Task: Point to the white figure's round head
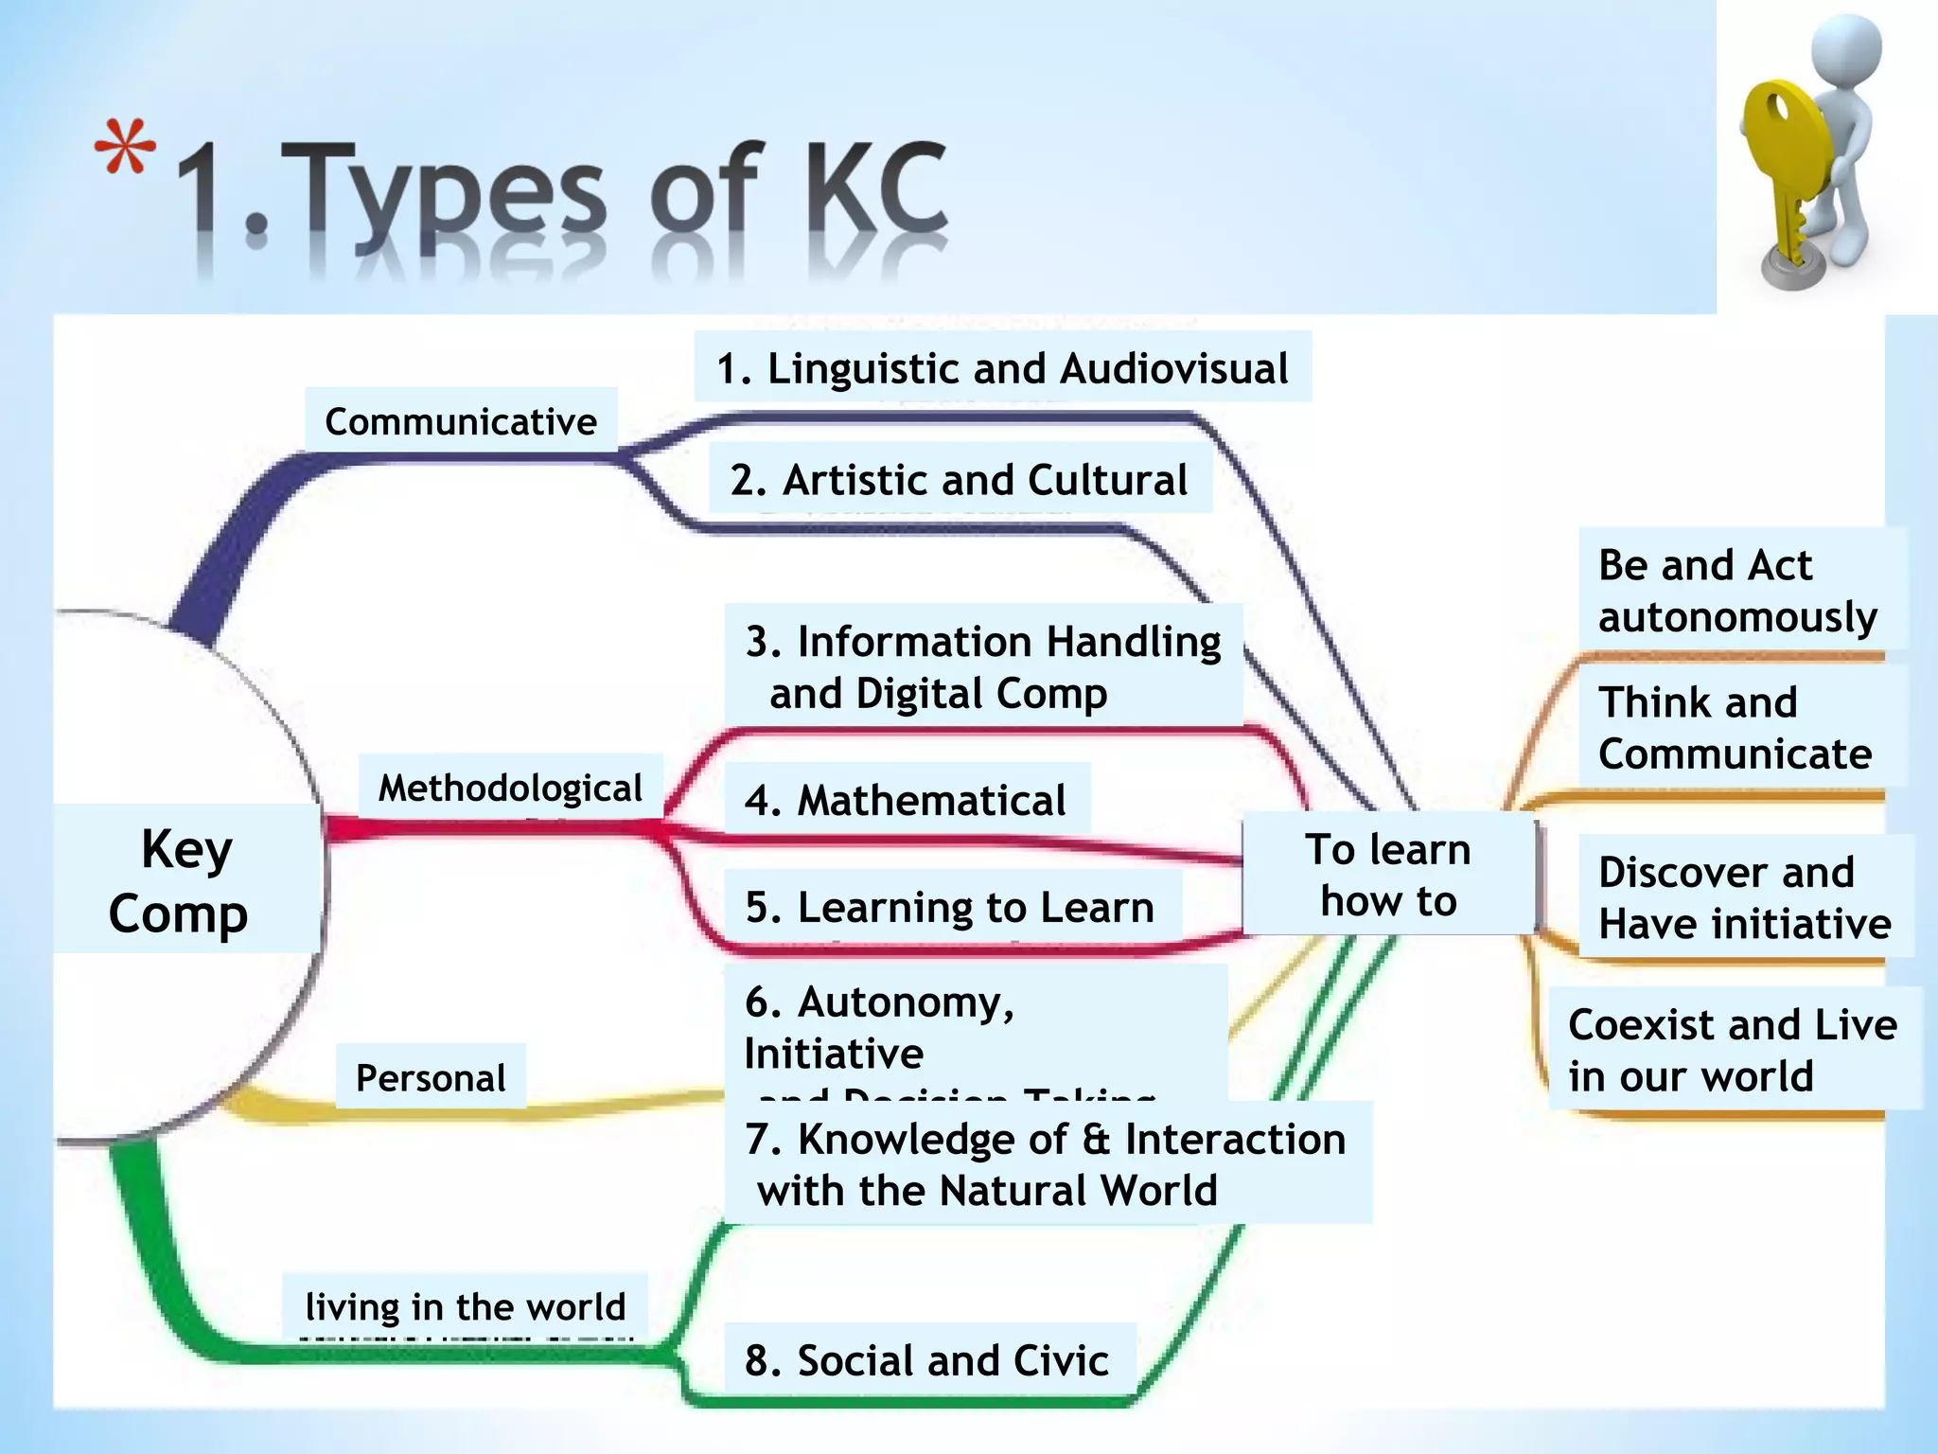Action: pyautogui.click(x=1846, y=52)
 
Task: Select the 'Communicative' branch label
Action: pyautogui.click(x=461, y=421)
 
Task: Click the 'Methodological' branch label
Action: pyautogui.click(x=510, y=788)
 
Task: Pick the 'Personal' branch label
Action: pyautogui.click(x=431, y=1077)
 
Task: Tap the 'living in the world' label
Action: pyautogui.click(x=466, y=1306)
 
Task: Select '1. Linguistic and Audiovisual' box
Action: pyautogui.click(x=1002, y=367)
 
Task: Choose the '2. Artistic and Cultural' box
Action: pyautogui.click(x=959, y=479)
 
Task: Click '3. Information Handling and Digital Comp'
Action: pyautogui.click(x=983, y=666)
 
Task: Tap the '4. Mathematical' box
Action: pyautogui.click(x=906, y=800)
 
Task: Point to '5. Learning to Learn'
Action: pyautogui.click(x=949, y=907)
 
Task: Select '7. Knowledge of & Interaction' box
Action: pyautogui.click(x=1046, y=1163)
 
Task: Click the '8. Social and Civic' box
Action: pyautogui.click(x=927, y=1359)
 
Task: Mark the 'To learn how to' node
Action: pyautogui.click(x=1388, y=875)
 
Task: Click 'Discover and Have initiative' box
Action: pyautogui.click(x=1745, y=897)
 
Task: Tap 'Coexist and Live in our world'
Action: pyautogui.click(x=1733, y=1050)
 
